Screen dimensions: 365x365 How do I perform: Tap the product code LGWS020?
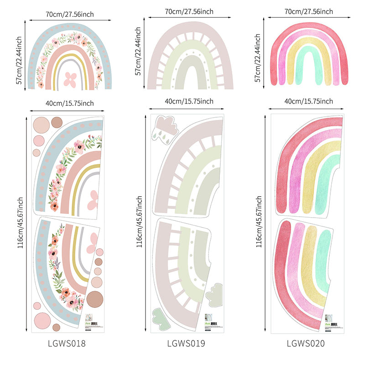(306, 343)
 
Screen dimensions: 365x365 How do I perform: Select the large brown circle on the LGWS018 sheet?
(95, 297)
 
